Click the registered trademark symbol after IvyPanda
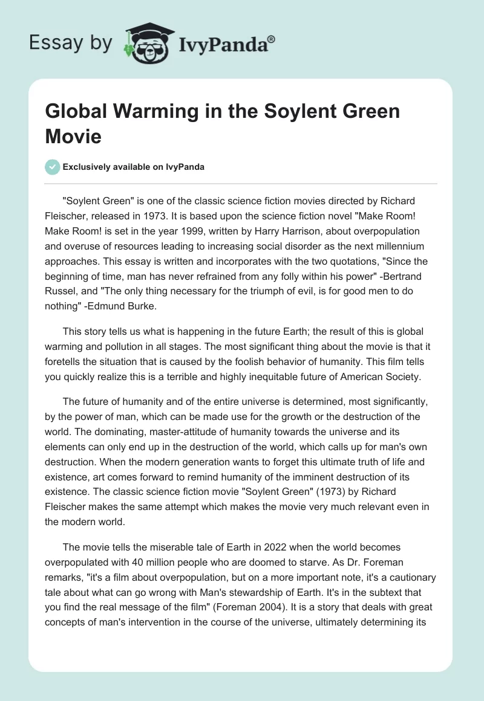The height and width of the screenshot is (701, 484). (x=272, y=39)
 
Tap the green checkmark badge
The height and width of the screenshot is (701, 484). (x=53, y=167)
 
